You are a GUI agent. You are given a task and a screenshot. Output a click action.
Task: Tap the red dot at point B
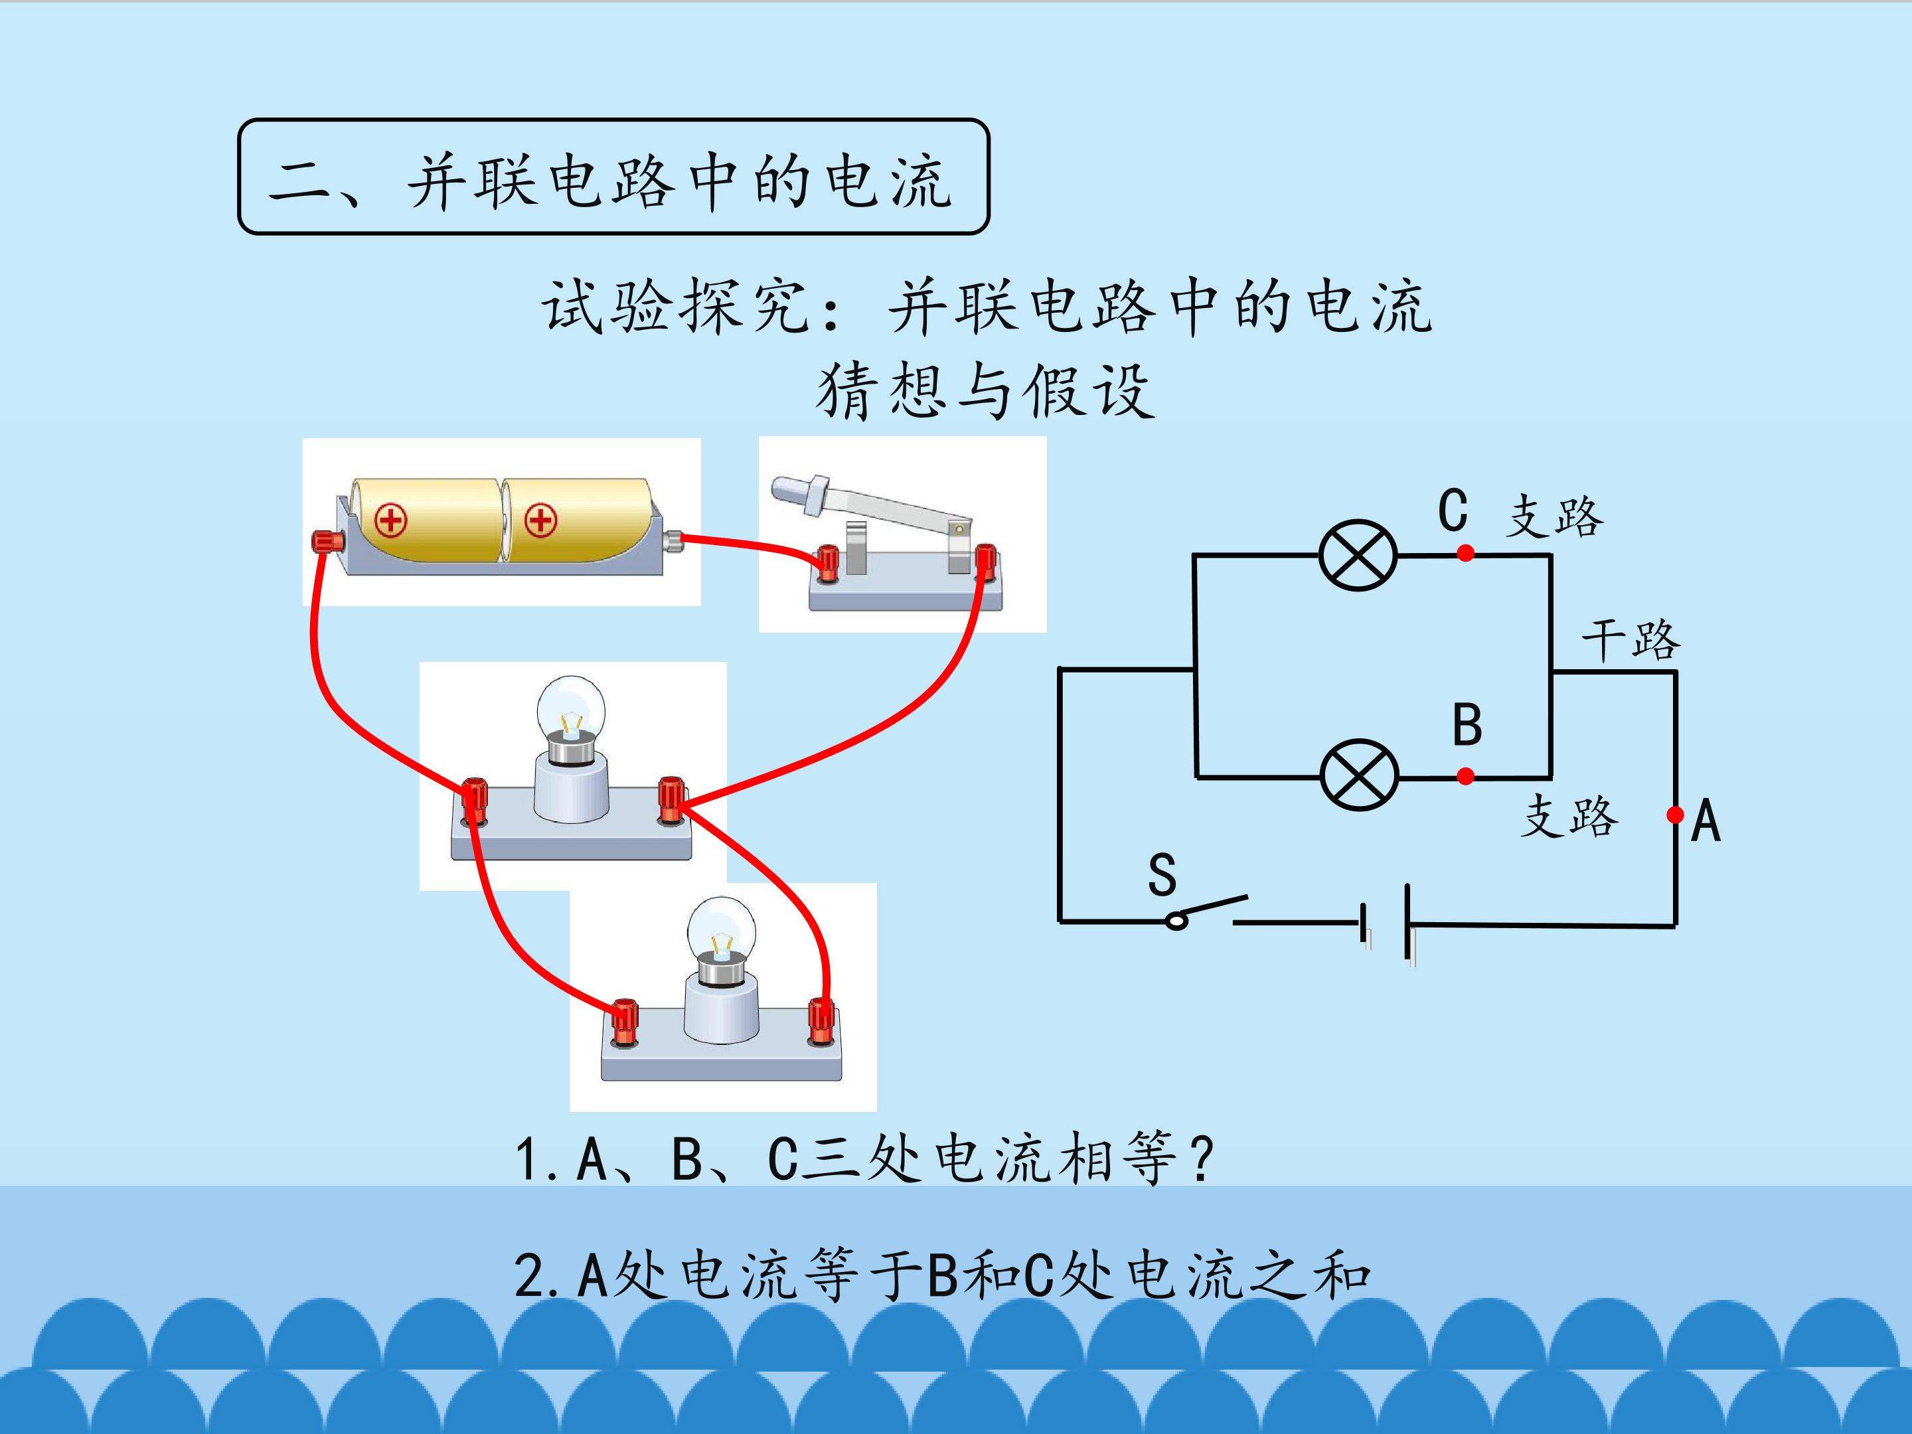(1465, 776)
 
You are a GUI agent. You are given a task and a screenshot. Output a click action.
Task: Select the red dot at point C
(1465, 553)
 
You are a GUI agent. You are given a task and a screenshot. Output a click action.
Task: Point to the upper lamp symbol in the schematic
(1357, 555)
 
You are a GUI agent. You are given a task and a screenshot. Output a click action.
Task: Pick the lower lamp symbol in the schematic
(1359, 775)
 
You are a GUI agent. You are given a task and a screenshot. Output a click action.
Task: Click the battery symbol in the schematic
(1386, 923)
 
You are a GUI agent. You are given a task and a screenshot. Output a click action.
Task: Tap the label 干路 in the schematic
(1631, 641)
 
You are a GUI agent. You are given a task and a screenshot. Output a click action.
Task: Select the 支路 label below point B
(1569, 816)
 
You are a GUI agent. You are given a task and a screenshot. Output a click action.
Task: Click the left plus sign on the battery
(390, 520)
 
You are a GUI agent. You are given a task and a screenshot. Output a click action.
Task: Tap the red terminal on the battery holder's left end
(327, 542)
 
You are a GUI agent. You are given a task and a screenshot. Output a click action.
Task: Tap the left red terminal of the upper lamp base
(473, 801)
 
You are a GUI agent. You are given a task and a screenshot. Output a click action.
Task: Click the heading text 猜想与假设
(985, 390)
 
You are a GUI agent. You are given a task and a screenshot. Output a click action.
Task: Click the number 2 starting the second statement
(528, 1276)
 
